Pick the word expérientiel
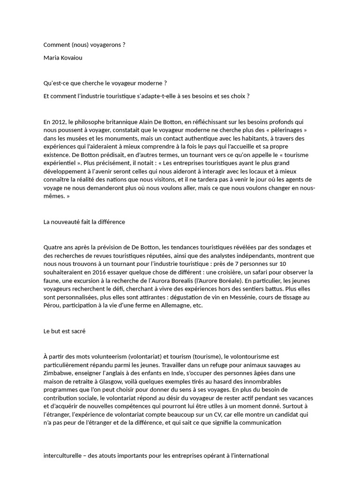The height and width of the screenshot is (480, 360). [x=58, y=163]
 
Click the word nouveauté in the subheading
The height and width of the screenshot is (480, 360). [x=67, y=222]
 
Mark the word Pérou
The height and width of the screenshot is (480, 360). [x=51, y=306]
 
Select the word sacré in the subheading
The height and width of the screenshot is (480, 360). [x=77, y=331]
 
